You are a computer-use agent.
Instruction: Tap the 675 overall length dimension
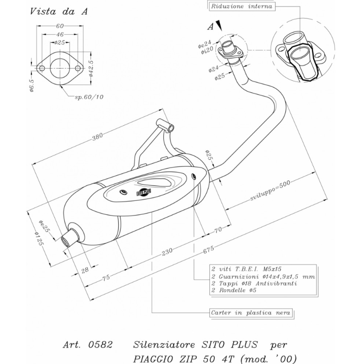coord(208,249)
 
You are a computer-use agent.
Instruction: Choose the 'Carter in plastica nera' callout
coord(251,313)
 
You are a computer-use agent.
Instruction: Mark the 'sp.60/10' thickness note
coord(89,97)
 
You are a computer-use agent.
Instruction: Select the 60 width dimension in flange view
coord(60,26)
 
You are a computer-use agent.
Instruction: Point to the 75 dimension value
coord(106,277)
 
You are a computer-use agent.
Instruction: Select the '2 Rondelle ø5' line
coord(234,290)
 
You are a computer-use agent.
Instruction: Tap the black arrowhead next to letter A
coord(219,25)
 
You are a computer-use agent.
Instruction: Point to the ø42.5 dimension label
coord(91,68)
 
